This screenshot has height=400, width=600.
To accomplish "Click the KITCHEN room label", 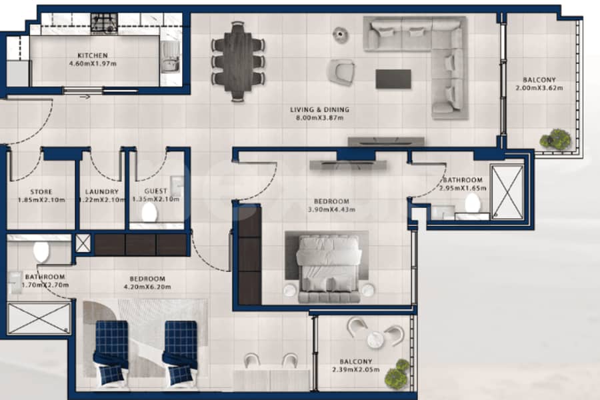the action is [93, 55].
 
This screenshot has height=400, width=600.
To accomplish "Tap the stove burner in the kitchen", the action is [104, 24].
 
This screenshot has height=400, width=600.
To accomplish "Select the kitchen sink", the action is [170, 57].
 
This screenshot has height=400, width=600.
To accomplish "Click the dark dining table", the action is [238, 61].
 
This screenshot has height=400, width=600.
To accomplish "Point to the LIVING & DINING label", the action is [319, 110].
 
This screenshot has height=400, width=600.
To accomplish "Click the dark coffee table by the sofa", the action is [393, 79].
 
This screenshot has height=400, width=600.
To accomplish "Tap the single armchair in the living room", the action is [340, 71].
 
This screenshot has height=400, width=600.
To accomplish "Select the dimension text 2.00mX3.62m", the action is [539, 88].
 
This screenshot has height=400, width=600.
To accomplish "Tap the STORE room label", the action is [41, 192].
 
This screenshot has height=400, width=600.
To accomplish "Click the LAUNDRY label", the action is [102, 192].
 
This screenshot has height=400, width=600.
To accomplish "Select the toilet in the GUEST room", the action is [149, 212].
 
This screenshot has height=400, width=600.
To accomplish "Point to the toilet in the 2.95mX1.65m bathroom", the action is [473, 203].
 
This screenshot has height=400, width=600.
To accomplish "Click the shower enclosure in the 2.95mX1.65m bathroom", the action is [507, 192].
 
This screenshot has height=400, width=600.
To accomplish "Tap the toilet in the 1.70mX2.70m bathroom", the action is [41, 252].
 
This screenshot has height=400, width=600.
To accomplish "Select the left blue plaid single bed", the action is [111, 353].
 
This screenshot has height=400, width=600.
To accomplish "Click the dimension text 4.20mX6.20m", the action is [147, 287].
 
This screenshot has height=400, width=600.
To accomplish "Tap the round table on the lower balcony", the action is [375, 339].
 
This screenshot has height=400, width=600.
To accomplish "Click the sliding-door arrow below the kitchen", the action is [85, 97].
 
